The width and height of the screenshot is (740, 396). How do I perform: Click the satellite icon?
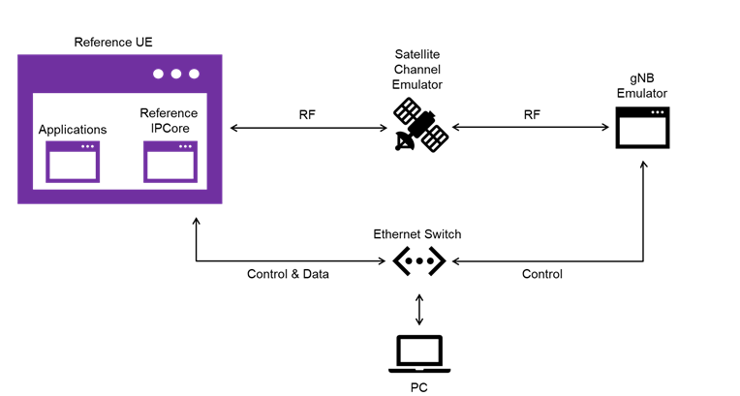[x=419, y=127]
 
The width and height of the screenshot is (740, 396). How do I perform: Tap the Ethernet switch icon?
[x=418, y=260]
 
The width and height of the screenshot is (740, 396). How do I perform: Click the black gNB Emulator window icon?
[x=643, y=127]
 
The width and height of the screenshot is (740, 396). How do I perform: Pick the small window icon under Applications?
[x=73, y=162]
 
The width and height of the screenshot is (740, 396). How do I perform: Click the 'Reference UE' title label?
[x=113, y=43]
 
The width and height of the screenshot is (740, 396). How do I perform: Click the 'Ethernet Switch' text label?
[x=417, y=234]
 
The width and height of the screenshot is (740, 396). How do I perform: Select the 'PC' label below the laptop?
[x=418, y=387]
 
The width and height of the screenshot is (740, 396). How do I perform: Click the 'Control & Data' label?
[x=288, y=274]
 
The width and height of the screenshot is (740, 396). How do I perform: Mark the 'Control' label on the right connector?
[x=542, y=274]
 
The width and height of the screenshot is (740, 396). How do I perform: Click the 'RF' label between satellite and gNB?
[x=532, y=115]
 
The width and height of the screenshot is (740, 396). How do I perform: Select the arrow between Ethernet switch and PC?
[x=418, y=308]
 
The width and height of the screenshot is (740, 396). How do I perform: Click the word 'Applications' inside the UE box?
[x=73, y=130]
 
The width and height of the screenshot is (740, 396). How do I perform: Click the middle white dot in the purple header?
[x=175, y=74]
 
